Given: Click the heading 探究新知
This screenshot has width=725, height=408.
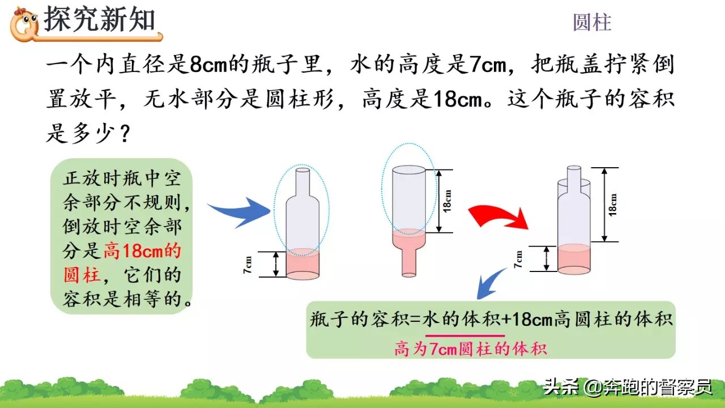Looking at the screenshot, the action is pyautogui.click(x=100, y=20).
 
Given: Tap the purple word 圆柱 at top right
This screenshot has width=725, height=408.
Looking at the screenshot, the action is pyautogui.click(x=592, y=23).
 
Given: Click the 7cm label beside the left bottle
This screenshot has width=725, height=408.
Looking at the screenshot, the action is pyautogui.click(x=248, y=264).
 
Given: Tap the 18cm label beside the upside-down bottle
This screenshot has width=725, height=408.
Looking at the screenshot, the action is pyautogui.click(x=447, y=201).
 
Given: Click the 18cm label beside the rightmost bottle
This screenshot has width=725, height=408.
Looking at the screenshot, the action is pyautogui.click(x=613, y=204).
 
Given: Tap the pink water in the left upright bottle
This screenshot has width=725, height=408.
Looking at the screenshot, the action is pyautogui.click(x=302, y=263).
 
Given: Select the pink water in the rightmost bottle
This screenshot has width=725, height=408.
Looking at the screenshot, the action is pyautogui.click(x=574, y=258).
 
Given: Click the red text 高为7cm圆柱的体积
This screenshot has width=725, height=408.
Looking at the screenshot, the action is pyautogui.click(x=471, y=348).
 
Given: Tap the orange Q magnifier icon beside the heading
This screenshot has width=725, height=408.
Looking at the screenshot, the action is pyautogui.click(x=25, y=24).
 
